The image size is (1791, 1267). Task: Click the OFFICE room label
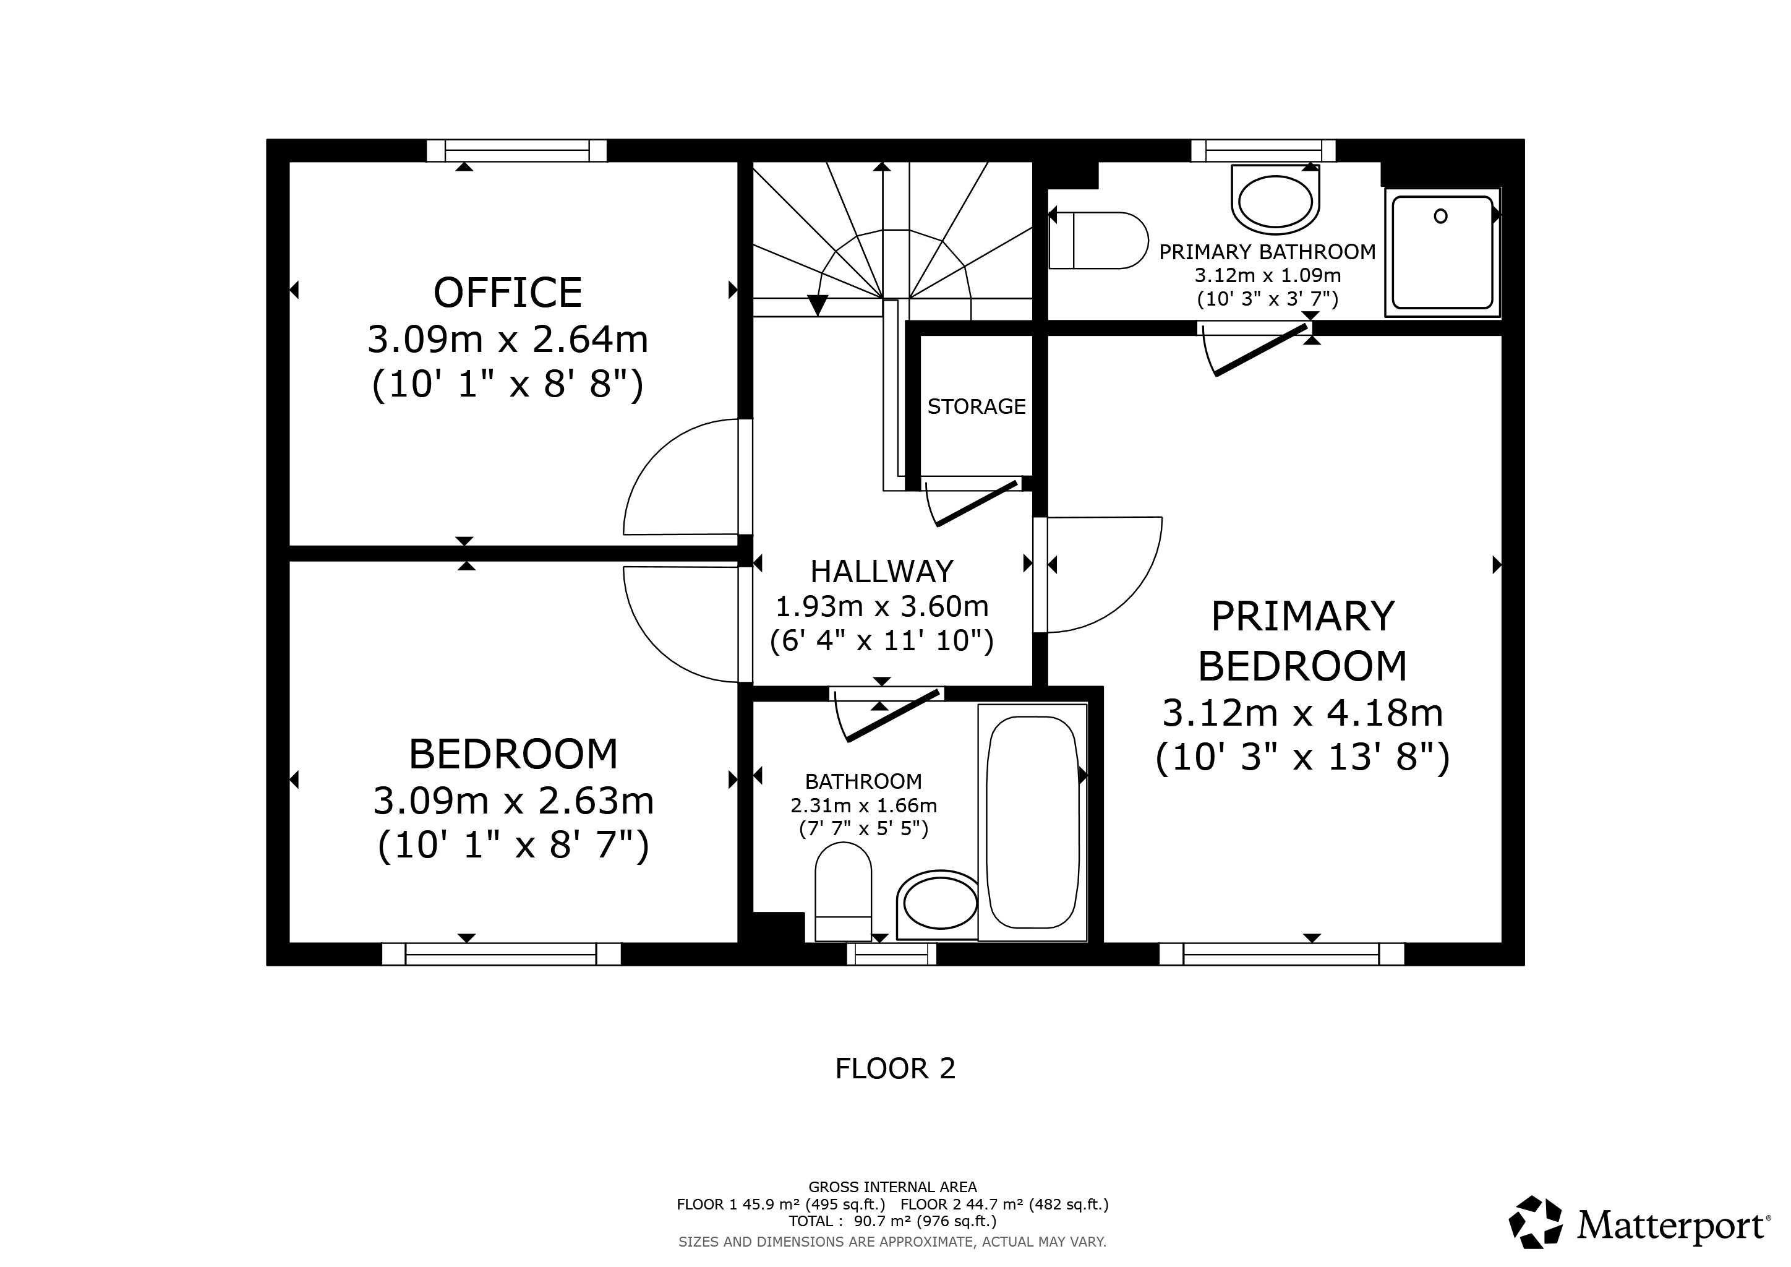[508, 293]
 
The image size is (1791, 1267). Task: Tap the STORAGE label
[976, 406]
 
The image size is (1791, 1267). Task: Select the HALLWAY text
[881, 572]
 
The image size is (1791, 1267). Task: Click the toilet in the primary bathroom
[1098, 240]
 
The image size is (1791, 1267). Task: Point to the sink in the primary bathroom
[1275, 201]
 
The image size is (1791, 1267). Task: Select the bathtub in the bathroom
[1032, 822]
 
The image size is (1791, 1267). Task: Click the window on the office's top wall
[516, 150]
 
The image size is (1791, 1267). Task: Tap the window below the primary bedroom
[1281, 954]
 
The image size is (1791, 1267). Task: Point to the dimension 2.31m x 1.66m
[863, 805]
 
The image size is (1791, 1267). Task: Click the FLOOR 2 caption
[895, 1068]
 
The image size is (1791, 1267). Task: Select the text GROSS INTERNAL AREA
[892, 1187]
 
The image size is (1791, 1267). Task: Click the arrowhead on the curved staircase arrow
[818, 305]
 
